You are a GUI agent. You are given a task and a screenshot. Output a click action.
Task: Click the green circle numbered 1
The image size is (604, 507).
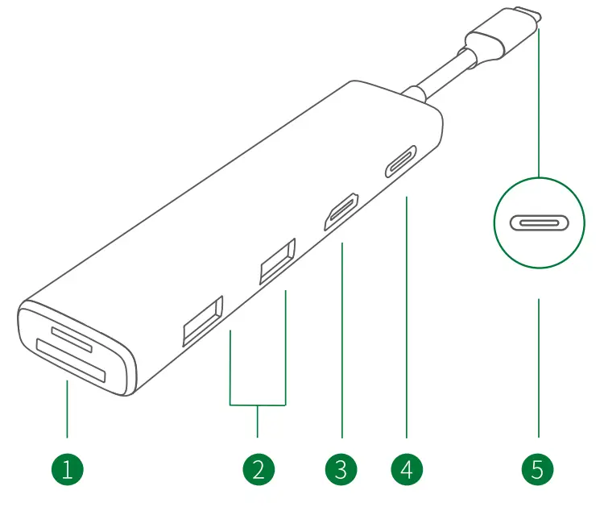(67, 468)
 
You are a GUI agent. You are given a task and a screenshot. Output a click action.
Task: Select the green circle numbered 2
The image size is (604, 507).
(258, 468)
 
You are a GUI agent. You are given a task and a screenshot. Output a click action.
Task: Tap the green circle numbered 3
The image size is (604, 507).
(341, 468)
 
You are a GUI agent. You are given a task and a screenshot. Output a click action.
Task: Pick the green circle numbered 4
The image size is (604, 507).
(407, 468)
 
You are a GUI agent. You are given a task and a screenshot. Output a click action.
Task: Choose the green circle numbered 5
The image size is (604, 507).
(538, 468)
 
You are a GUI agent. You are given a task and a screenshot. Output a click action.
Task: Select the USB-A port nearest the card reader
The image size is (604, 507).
(202, 322)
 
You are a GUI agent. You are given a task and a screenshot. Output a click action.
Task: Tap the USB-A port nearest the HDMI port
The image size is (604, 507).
(278, 261)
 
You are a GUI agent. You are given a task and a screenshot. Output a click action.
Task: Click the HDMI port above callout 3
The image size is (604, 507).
(342, 213)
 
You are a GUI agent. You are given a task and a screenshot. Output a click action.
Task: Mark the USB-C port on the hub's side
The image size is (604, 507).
(400, 161)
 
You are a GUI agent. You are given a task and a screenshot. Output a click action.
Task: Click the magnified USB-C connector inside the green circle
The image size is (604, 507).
(538, 222)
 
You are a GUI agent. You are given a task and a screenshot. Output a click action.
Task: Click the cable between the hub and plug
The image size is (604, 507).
(439, 81)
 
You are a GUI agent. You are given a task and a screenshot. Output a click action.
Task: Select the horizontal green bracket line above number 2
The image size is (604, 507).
(258, 404)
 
